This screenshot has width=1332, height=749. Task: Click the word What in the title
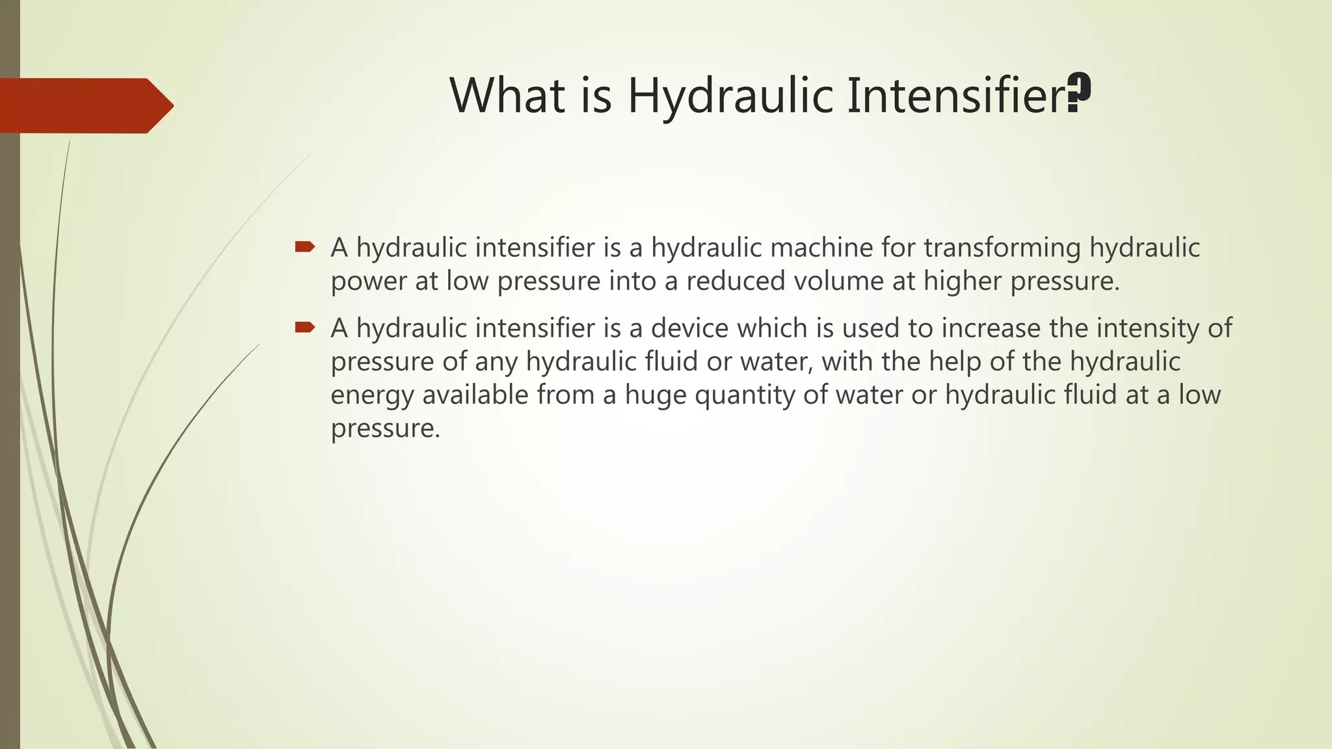coord(507,96)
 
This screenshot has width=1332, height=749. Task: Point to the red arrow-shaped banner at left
coord(85,105)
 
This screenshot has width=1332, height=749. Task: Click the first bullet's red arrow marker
coord(304,246)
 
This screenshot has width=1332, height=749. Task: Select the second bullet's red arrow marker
coord(304,327)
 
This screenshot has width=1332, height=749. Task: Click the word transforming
coord(1002,248)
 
